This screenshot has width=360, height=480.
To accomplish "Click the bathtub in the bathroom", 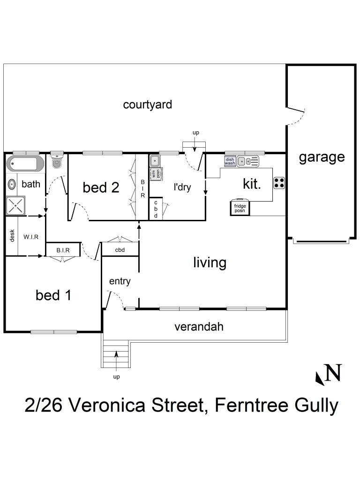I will [x=25, y=164].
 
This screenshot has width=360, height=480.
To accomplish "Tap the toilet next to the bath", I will [x=57, y=163].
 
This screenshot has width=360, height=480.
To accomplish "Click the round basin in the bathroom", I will [x=12, y=184].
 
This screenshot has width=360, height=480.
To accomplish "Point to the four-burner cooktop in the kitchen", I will [x=279, y=182].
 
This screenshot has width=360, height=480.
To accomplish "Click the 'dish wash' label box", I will [x=230, y=161].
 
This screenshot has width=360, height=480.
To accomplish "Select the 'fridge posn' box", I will [x=240, y=208].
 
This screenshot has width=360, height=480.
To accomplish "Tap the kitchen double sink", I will [x=247, y=162].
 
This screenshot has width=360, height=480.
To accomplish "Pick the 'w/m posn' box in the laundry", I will [x=155, y=173].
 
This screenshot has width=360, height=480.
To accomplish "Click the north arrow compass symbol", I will [x=329, y=374].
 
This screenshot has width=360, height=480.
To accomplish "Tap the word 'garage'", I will [x=322, y=157].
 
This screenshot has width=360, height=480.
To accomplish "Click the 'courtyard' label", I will [x=147, y=105].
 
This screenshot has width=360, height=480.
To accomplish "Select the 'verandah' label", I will [x=199, y=327].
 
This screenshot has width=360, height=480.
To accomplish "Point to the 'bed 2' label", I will [x=101, y=187].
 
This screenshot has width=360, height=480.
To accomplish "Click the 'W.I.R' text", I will [x=31, y=237].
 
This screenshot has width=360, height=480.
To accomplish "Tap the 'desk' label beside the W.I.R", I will [x=12, y=236].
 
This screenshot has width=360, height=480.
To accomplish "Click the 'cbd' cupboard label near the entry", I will [x=120, y=250].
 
